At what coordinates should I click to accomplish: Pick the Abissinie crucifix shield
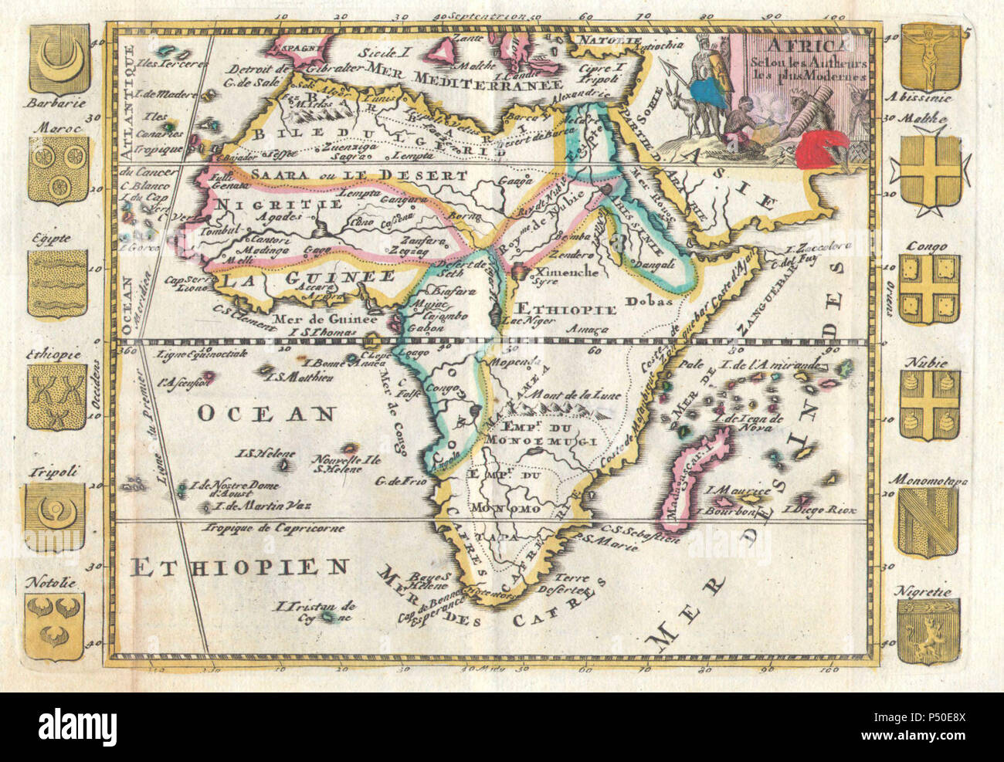pos(930,58)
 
